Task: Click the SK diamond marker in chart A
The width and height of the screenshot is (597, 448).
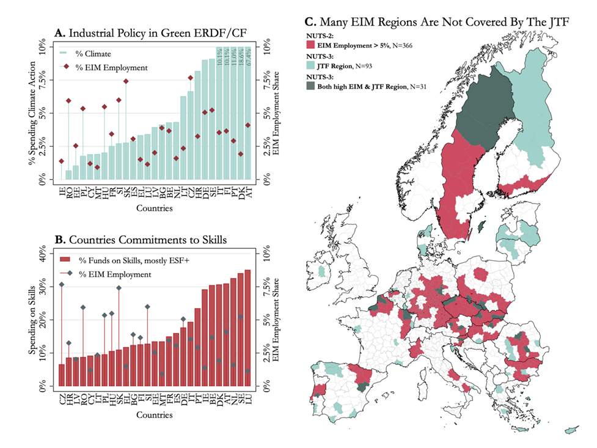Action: [x=126, y=81]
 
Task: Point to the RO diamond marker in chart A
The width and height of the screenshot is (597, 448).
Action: [x=68, y=101]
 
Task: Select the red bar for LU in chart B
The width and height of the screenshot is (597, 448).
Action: [x=247, y=328]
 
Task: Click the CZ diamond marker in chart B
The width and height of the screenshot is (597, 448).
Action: [x=62, y=285]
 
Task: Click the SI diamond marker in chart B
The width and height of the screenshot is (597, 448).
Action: [x=147, y=307]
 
